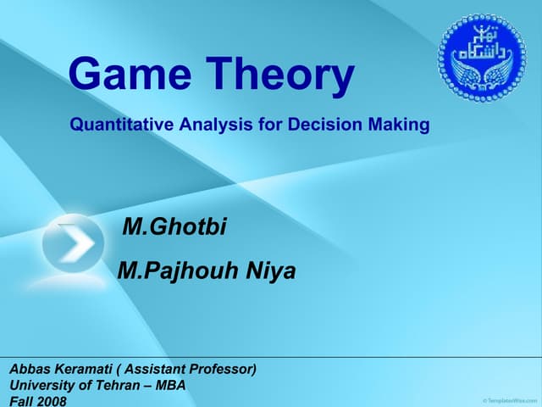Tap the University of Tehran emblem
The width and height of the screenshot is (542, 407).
tap(481, 59)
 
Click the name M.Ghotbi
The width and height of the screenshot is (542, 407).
tap(174, 227)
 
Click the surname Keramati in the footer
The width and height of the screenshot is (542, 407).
tap(85, 369)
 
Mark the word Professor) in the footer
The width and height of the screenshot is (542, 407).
tap(225, 369)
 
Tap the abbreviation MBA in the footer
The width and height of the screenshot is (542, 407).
tap(169, 385)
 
